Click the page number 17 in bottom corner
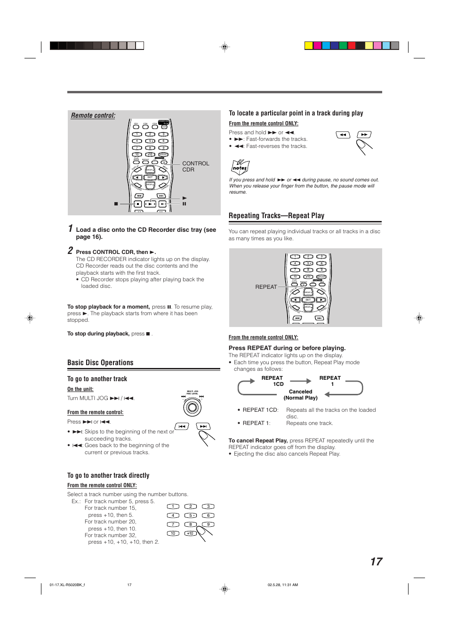coord(376,562)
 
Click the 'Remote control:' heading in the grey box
coord(93,115)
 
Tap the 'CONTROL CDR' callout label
coord(195,166)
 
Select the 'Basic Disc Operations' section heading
coord(100,363)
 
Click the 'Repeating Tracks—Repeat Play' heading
coord(276,216)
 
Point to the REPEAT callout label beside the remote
coord(266,287)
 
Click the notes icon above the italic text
coord(240,167)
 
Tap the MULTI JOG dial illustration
coord(192,407)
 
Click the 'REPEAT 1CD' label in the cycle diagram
coord(273,381)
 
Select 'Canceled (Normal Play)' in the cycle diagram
coord(300,395)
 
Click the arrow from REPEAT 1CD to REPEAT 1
coord(301,381)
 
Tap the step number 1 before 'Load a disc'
coord(71,229)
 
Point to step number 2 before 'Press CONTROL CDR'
coord(70,251)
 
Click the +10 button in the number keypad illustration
coord(190,533)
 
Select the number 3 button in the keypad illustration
coord(208,506)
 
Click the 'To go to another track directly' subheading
coord(108,476)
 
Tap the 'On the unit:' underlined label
coord(80,389)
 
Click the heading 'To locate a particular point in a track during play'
coord(296,114)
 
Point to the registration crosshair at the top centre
coord(224,47)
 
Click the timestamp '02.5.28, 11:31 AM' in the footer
coord(282,585)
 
